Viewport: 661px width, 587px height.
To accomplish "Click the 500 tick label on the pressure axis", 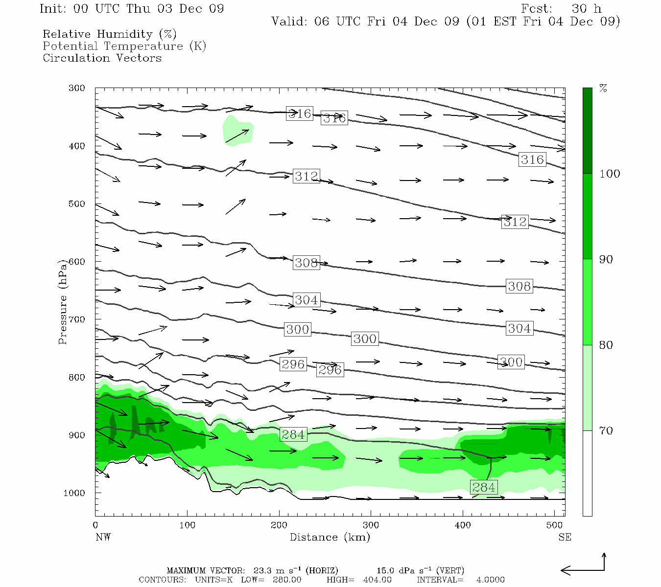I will coord(77,204).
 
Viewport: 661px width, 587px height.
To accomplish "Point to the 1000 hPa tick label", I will coord(74,493).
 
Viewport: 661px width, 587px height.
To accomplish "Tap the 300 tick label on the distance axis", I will coord(371,525).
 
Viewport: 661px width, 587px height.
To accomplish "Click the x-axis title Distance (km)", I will coord(330,537).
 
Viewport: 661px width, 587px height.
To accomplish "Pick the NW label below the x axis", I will coord(103,537).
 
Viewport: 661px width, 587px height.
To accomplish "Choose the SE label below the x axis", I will coord(565,537).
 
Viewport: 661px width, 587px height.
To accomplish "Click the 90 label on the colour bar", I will coord(606,259).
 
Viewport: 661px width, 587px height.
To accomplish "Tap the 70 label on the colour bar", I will coord(606,430).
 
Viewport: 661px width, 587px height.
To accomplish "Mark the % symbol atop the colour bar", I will coord(603,89).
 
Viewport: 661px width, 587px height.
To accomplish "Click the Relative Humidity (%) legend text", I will coord(110,34).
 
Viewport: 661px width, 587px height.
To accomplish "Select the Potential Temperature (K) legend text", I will coord(124,46).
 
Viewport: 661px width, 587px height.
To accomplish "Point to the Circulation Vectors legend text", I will coord(102,58).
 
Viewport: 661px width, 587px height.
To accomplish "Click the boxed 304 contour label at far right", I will coord(519,329).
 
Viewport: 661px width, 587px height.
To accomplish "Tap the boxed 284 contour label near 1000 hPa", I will coord(484,487).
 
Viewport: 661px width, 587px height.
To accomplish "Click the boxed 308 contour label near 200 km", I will coord(307,263).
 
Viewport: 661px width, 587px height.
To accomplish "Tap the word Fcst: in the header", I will coord(537,9).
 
